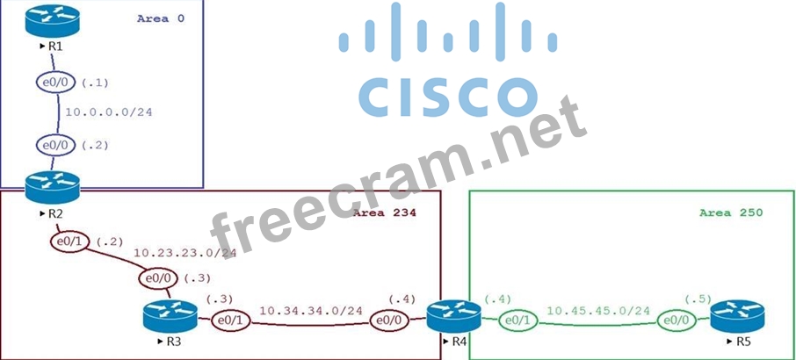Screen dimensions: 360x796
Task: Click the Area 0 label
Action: [161, 18]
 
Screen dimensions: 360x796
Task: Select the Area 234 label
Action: [384, 212]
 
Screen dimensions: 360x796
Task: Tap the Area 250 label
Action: [730, 212]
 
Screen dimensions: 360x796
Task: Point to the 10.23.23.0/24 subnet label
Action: [185, 253]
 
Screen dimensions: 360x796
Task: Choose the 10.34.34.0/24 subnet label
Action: [311, 310]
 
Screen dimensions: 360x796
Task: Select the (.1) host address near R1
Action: [94, 83]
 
